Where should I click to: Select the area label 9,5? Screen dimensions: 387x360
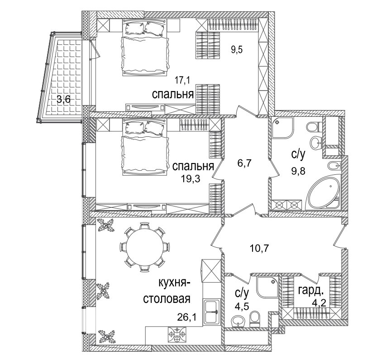(237, 50)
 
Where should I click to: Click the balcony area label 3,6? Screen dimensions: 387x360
(64, 100)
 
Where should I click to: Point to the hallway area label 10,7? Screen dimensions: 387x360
(259, 248)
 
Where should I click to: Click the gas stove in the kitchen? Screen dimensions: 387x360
(177, 334)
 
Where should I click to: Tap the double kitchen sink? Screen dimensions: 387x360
(212, 312)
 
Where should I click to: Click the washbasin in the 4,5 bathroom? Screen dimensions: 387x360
(238, 321)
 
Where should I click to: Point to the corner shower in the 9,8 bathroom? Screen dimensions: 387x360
(282, 128)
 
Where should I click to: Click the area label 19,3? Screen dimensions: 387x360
(190, 179)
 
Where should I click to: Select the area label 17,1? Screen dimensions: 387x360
(183, 80)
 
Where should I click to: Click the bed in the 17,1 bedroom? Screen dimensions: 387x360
(145, 47)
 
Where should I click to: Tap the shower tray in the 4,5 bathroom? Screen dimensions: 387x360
(268, 288)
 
